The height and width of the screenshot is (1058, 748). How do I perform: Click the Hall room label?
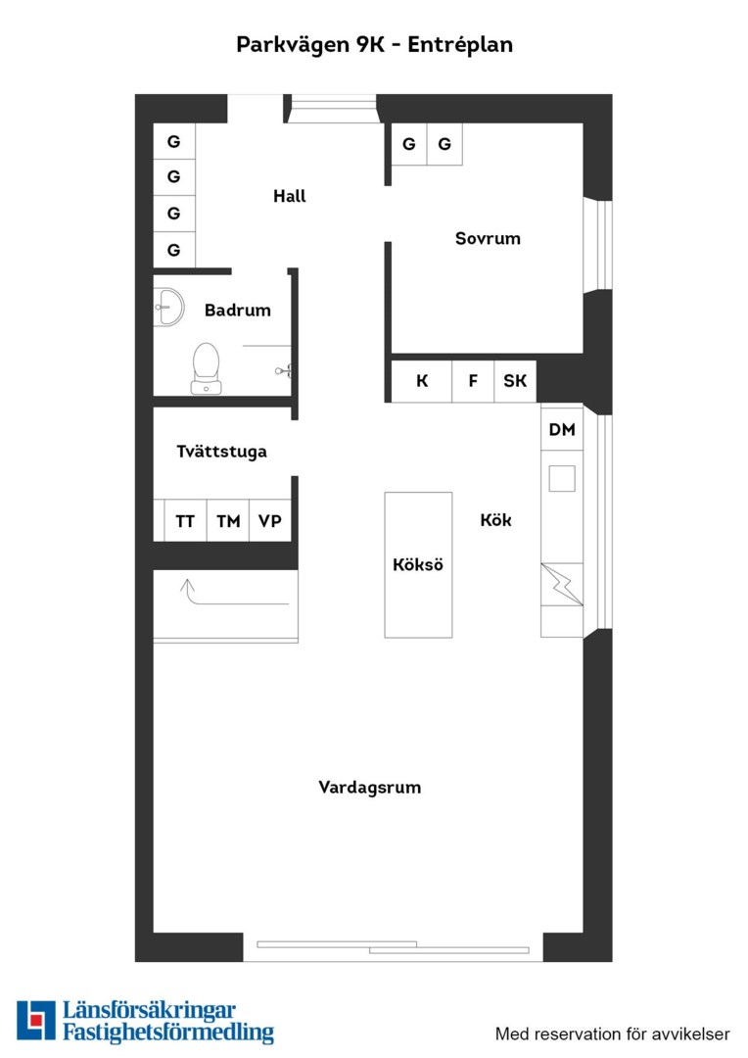click(x=290, y=196)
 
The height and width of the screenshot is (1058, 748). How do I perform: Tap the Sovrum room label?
click(x=488, y=238)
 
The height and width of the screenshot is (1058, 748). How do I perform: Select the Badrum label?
click(x=237, y=311)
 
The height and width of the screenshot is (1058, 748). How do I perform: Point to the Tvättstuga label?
click(x=221, y=452)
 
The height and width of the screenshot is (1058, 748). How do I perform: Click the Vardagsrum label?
click(x=370, y=788)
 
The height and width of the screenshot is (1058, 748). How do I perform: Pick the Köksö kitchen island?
click(x=418, y=565)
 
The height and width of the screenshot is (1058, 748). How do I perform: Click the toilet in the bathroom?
click(x=206, y=368)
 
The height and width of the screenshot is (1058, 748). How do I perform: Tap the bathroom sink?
click(x=168, y=307)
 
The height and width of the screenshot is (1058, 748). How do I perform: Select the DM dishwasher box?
click(x=562, y=429)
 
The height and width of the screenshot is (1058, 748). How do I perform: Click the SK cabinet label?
click(x=515, y=381)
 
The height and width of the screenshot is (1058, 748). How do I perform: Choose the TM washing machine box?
click(x=228, y=521)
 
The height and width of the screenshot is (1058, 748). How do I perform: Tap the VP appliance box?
click(x=270, y=521)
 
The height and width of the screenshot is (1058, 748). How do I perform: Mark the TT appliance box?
click(x=185, y=521)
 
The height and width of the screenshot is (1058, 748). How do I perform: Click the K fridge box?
click(x=422, y=381)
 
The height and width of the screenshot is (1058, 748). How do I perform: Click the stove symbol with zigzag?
click(x=562, y=584)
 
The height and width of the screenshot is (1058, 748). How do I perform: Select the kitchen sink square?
click(x=562, y=478)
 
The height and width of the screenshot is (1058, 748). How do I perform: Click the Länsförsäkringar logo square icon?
click(x=36, y=1020)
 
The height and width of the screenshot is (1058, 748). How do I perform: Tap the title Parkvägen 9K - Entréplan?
click(x=374, y=44)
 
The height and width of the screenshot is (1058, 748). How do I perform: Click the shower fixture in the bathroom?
click(x=284, y=370)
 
